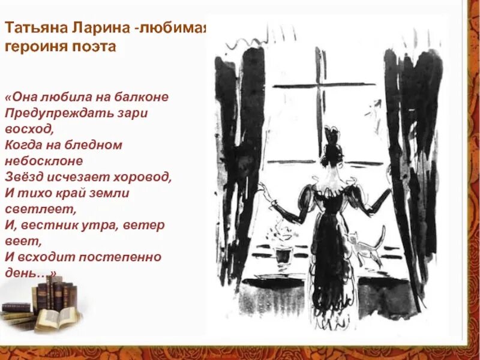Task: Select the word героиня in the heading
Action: pyautogui.click(x=32, y=47)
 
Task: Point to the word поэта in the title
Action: pyautogui.click(x=89, y=47)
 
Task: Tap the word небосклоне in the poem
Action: pyautogui.click(x=43, y=161)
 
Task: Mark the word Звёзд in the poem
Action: pyautogui.click(x=22, y=178)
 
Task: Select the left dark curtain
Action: pyautogui.click(x=240, y=156)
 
